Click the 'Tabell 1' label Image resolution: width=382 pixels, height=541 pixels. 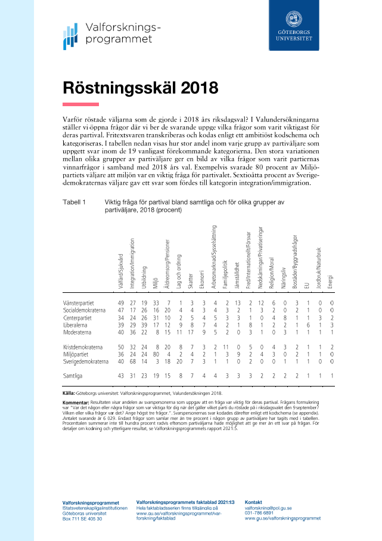74,203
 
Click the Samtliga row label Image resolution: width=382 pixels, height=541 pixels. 74,376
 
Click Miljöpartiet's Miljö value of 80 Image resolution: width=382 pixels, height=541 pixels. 156,354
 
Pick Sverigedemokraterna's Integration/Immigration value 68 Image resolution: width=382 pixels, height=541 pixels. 132,361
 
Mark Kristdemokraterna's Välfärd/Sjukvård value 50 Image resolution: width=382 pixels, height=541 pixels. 121,347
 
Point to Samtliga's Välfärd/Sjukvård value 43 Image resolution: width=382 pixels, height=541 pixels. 121,376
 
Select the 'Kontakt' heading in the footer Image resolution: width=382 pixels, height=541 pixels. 254,502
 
